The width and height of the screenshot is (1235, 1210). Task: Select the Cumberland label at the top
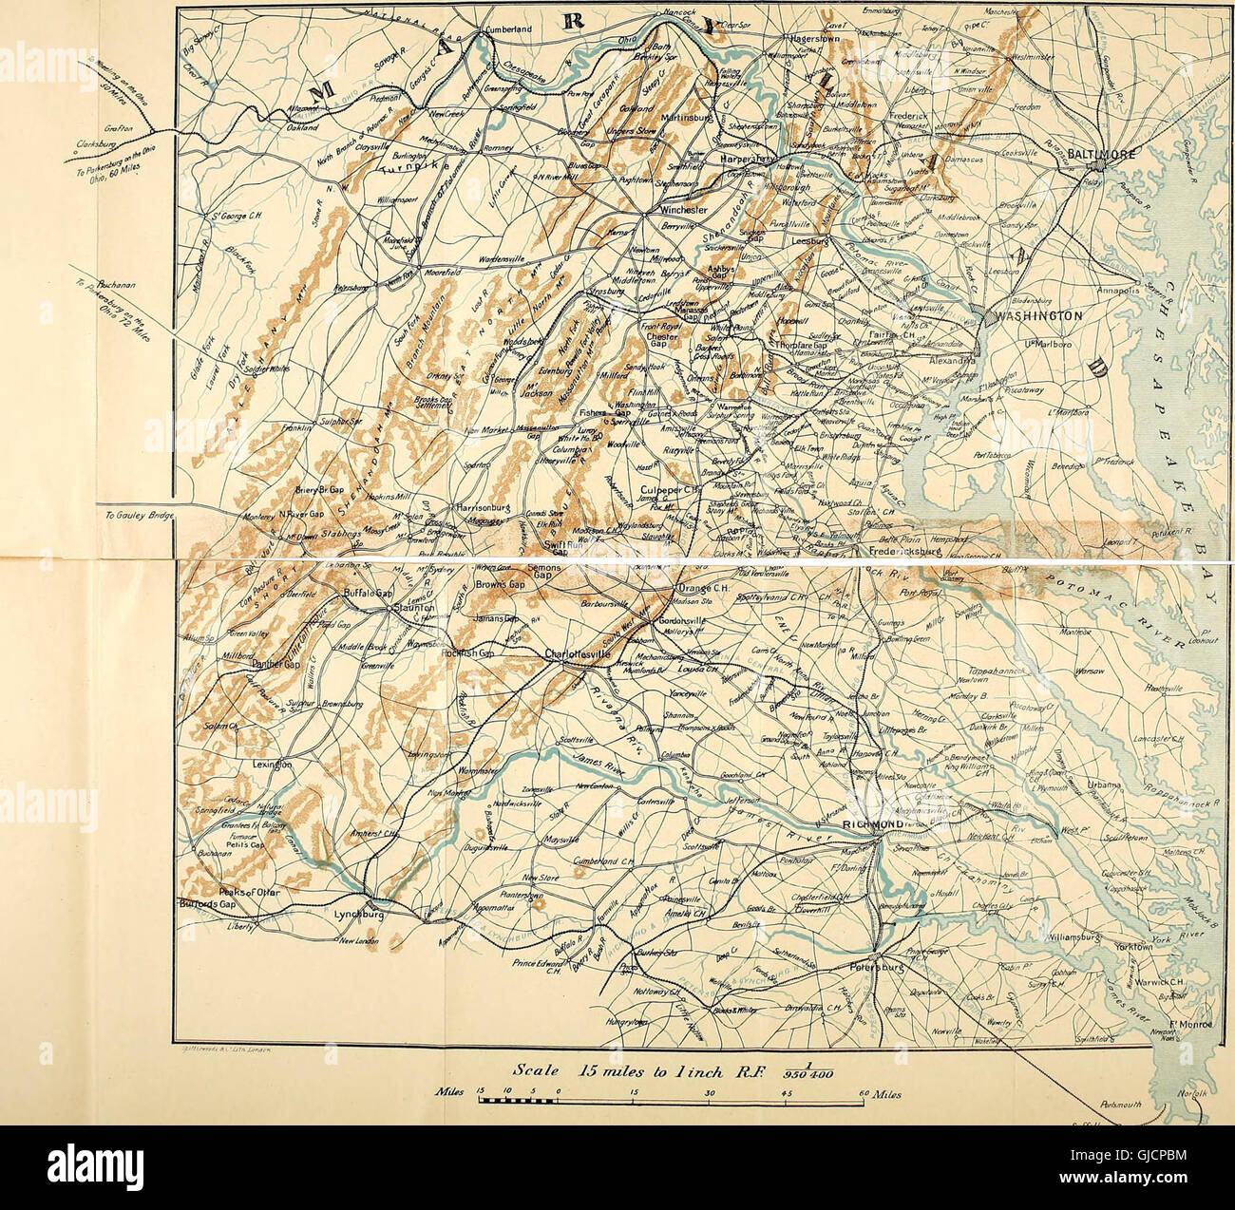tap(517, 29)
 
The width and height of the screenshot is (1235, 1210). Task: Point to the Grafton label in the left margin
tap(113, 124)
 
